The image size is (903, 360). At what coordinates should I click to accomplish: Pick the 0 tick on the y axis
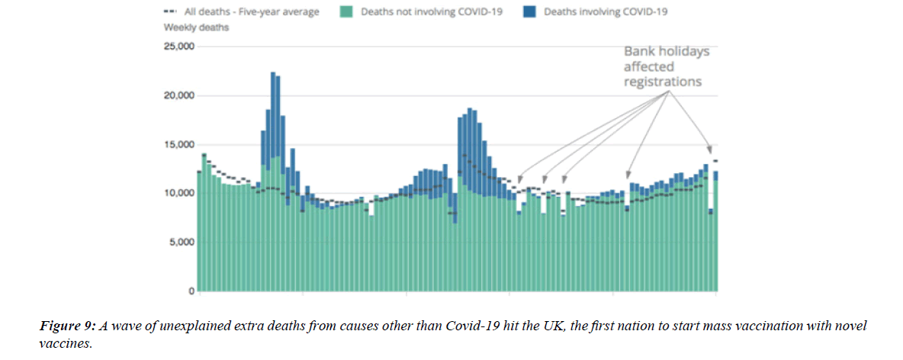(x=191, y=291)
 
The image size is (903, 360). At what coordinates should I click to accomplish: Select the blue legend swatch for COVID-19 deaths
(x=529, y=11)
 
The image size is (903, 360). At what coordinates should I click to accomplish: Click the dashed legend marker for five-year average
(x=170, y=11)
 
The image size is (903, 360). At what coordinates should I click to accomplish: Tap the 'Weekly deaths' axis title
(x=196, y=27)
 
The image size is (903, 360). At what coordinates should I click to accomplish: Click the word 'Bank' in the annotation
(x=640, y=52)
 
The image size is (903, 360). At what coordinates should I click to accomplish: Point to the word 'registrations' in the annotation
(x=662, y=82)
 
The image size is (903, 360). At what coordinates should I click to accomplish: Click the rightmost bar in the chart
(x=715, y=232)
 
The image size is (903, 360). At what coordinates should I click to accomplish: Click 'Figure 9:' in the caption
(x=67, y=326)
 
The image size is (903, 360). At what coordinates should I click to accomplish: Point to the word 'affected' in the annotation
(x=649, y=67)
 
